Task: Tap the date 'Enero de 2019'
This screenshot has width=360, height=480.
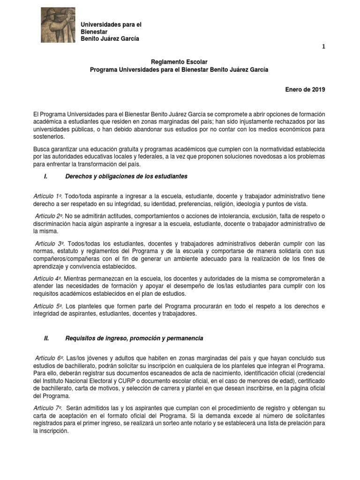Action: click(x=305, y=90)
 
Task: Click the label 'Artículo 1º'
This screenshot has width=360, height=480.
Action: click(x=47, y=195)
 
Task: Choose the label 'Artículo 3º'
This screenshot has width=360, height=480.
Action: click(x=49, y=244)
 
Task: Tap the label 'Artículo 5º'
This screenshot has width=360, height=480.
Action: click(x=47, y=306)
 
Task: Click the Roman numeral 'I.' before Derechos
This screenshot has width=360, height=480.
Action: click(x=46, y=176)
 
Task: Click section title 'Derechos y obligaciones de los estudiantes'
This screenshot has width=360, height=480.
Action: click(x=127, y=176)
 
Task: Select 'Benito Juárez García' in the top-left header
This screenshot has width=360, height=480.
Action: click(x=110, y=38)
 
